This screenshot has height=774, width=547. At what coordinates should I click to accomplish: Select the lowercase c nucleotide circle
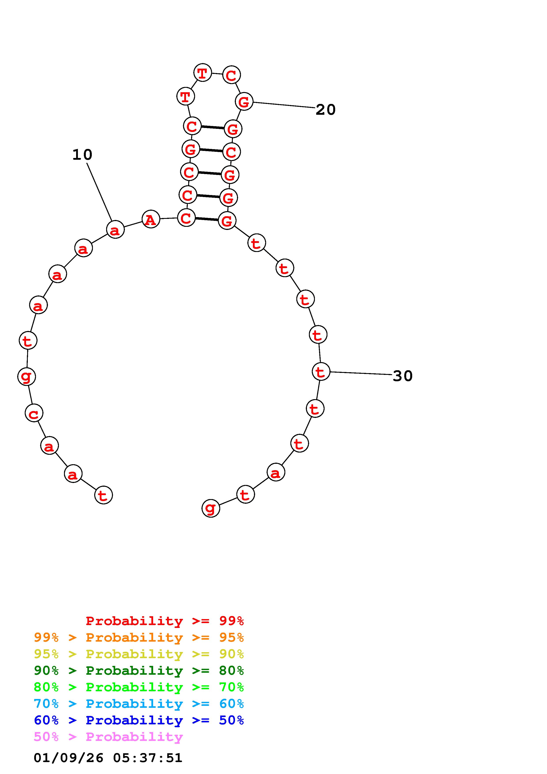pyautogui.click(x=34, y=413)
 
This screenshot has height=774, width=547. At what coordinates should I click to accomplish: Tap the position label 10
pyautogui.click(x=82, y=155)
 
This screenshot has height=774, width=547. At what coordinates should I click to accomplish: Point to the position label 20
pyautogui.click(x=325, y=110)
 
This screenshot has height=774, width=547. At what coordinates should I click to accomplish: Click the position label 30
pyautogui.click(x=403, y=376)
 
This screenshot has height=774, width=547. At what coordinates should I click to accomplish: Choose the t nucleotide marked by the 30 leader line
pyautogui.click(x=321, y=372)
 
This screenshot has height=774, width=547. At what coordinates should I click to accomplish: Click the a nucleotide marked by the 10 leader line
pyautogui.click(x=115, y=229)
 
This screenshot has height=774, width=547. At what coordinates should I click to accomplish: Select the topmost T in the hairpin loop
pyautogui.click(x=203, y=72)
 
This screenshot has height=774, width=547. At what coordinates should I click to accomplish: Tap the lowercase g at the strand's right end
pyautogui.click(x=211, y=508)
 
